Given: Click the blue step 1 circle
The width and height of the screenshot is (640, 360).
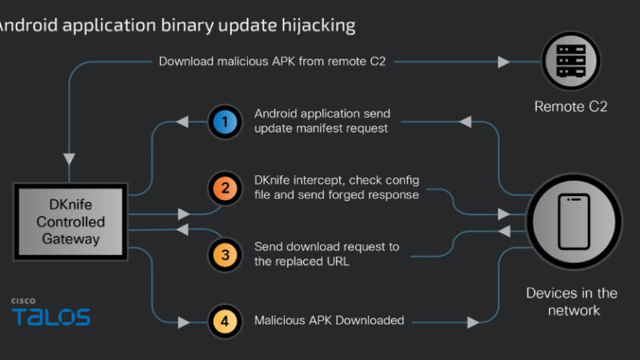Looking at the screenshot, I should pos(225,122).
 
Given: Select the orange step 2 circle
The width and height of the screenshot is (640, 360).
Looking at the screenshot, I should pos(225,189).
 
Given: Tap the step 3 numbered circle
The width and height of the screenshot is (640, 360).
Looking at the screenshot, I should pos(225,255).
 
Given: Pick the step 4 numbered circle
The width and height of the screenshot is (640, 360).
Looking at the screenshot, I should pos(225,321).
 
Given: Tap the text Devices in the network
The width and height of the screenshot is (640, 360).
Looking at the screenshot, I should pos(570,302).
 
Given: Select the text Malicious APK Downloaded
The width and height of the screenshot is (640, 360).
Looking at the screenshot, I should pos(329,321).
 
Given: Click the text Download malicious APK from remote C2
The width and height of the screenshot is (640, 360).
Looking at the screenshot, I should pos(272,61).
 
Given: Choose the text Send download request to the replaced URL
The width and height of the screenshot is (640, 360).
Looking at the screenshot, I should pos(326,254).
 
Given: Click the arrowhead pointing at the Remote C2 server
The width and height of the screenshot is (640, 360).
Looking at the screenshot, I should pos(504,61).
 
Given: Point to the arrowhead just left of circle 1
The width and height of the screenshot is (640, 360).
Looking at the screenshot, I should pos(183,122).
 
